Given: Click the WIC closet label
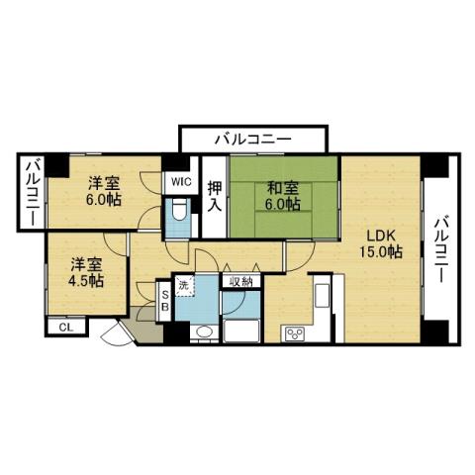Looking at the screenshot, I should point(179,182).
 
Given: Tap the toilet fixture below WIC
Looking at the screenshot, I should point(179,213).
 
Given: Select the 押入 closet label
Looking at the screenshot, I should point(214,199).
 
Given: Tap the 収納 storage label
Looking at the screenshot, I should point(239,283).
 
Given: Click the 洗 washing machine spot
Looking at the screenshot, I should point(184,287).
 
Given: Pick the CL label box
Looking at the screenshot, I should point(66,327).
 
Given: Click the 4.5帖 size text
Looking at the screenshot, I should point(86,281).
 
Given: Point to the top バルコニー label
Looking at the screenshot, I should point(251,140).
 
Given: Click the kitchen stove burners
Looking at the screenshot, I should point(293,333).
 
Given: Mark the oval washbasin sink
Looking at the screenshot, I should point(203,332).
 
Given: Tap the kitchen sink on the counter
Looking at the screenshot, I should point(323,295).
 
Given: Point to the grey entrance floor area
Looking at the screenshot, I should point(144,332).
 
